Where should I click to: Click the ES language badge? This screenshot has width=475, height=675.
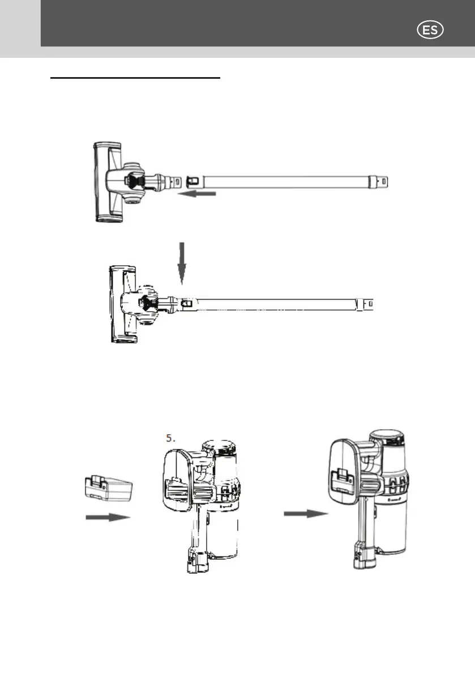tap(430, 30)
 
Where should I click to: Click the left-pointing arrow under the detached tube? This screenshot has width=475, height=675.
tap(200, 194)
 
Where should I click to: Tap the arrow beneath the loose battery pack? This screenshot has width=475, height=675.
tap(108, 517)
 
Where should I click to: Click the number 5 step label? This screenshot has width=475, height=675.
tap(169, 438)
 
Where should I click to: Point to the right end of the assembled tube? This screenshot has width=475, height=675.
tap(369, 305)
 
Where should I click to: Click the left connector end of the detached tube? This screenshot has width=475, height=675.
tap(192, 181)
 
